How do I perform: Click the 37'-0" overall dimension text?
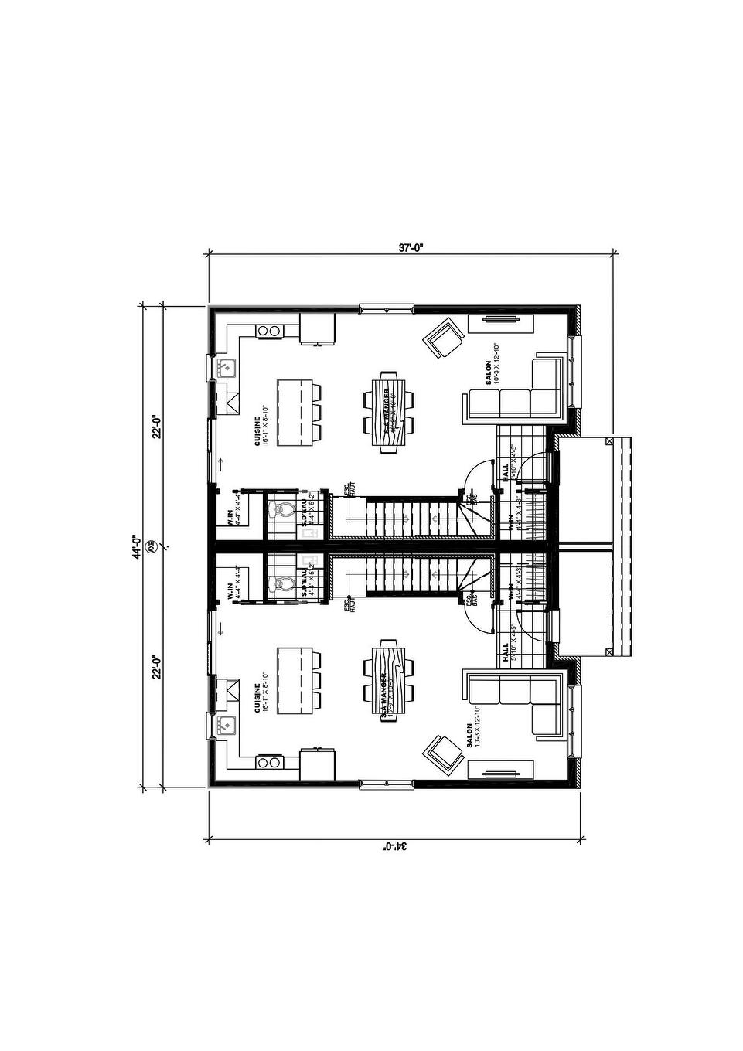click(x=411, y=248)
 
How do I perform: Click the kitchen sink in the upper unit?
click(x=225, y=367)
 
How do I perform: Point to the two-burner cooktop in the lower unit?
click(x=269, y=762)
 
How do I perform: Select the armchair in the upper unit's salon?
click(x=443, y=338)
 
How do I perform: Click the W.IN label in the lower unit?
click(x=230, y=592)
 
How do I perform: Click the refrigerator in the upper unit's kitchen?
click(x=317, y=329)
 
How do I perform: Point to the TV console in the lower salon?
click(x=499, y=770)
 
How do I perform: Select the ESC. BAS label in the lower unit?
click(x=470, y=598)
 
